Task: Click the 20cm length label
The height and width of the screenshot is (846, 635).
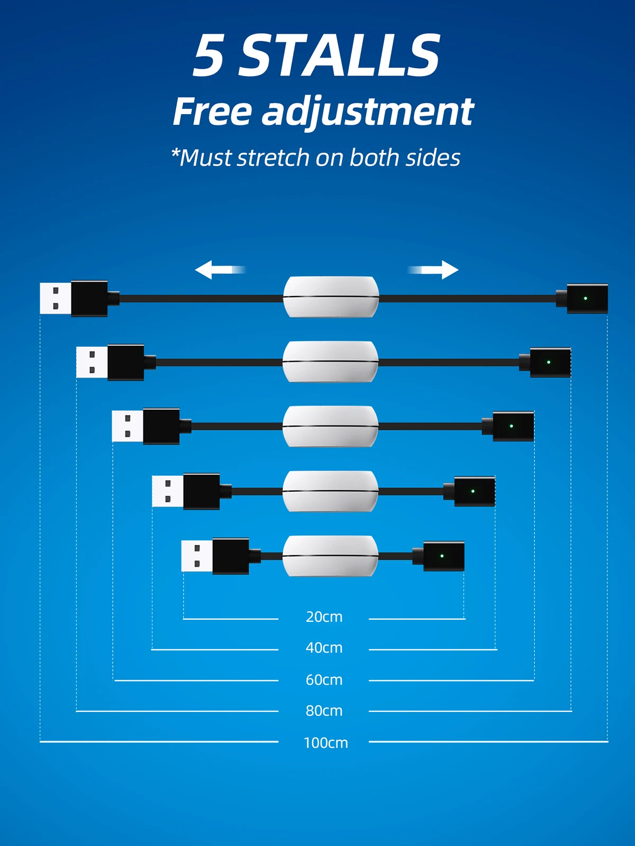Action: (324, 617)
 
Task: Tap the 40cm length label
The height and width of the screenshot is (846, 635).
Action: (324, 648)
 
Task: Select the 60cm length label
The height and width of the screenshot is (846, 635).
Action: (324, 679)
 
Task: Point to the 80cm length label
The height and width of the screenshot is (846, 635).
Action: (324, 711)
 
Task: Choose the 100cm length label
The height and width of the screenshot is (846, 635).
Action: (325, 742)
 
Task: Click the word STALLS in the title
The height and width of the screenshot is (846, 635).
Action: (340, 56)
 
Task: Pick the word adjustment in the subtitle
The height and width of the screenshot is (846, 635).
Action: (368, 112)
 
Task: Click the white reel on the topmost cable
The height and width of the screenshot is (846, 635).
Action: (331, 297)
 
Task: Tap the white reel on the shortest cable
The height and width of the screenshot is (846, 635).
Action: (331, 556)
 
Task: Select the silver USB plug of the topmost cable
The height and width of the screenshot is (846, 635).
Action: (56, 298)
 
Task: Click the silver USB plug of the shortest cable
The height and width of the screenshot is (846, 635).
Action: (197, 556)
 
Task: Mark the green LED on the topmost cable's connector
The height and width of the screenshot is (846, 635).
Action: (585, 298)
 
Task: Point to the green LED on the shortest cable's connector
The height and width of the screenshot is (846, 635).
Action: (442, 556)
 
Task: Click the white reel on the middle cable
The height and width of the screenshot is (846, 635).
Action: (331, 426)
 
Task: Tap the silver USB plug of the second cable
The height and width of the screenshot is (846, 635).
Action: (92, 362)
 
